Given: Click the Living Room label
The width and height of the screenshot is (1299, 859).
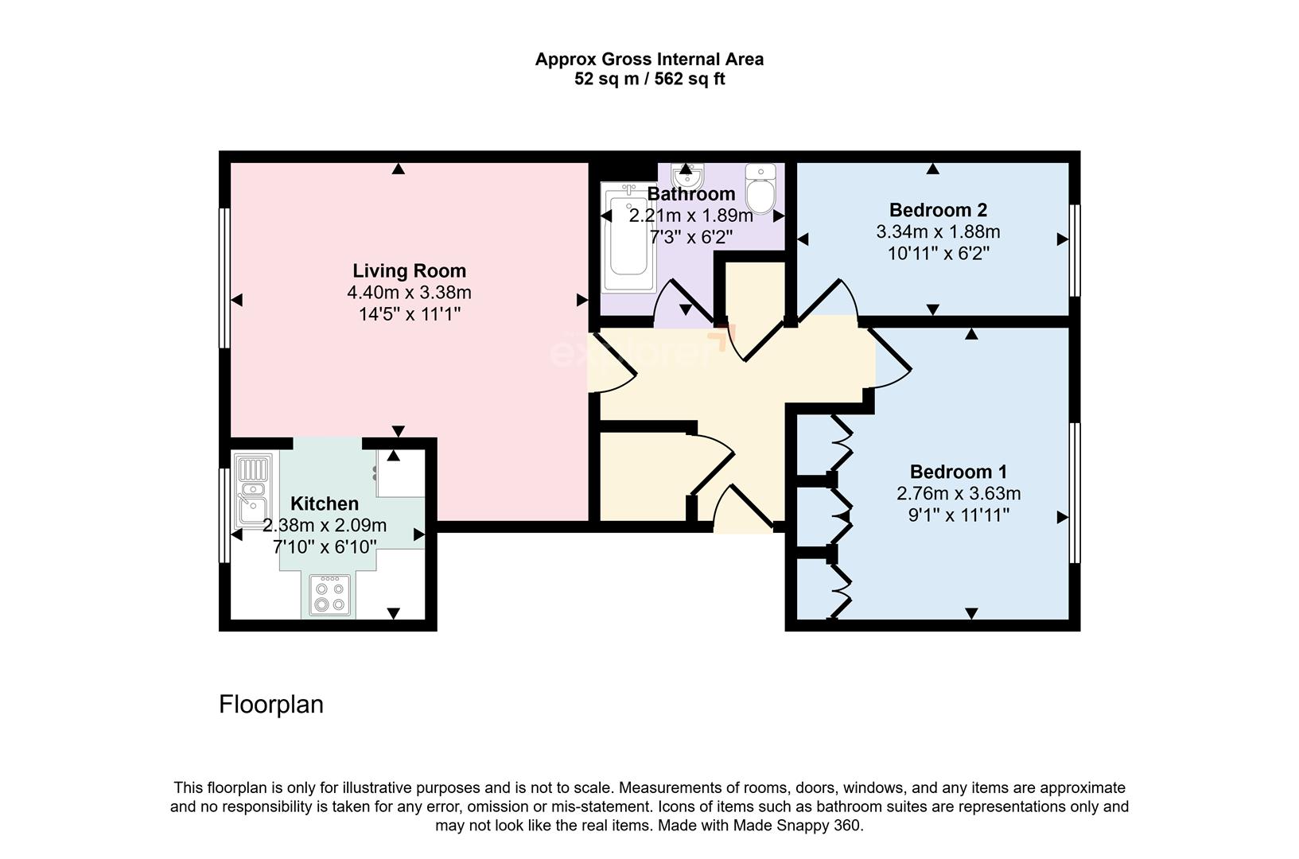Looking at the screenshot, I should pos(409,270).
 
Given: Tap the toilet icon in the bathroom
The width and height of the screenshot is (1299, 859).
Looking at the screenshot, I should pos(761,189).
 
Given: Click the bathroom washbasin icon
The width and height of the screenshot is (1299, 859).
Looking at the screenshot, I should pos(686,173).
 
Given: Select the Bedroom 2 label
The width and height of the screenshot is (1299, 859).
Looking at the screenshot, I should pos(938,210).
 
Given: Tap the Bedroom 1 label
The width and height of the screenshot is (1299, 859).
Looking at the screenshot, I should pos(958,471).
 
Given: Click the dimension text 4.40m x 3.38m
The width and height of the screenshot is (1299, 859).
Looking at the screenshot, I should pos(409,293).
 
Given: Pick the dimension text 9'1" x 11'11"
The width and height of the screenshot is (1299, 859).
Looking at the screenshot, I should pos(958,515).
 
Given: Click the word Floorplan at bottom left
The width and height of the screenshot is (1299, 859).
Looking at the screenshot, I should pos(271,705).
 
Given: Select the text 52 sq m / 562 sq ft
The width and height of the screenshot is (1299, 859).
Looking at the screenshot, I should pos(649,80).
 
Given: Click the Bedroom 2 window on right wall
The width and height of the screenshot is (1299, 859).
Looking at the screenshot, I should pos(1075,251).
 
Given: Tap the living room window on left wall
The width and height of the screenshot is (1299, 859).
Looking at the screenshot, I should pos(225,278).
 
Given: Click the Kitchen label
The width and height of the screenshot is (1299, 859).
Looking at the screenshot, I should pos(324,503).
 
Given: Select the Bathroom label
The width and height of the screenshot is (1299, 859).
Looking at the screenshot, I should pos(690,194).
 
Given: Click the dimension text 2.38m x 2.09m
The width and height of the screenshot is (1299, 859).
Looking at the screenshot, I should pos(325,525).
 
